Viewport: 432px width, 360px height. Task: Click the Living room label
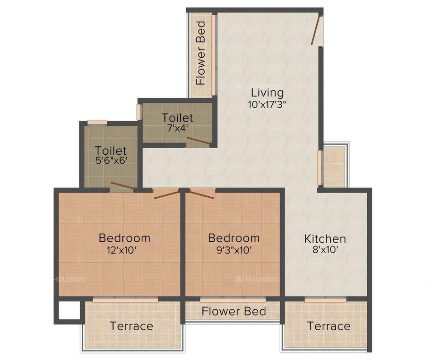(x=267, y=92)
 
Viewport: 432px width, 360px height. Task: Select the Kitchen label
(x=325, y=238)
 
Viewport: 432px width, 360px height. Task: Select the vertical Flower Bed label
(x=200, y=53)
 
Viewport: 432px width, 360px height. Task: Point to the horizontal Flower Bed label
(x=234, y=312)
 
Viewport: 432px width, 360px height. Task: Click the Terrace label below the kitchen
(x=328, y=326)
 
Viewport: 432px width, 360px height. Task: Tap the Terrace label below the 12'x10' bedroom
(x=131, y=326)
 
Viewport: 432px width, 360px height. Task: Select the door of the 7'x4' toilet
(x=199, y=140)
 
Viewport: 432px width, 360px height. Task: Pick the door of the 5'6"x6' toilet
(x=122, y=186)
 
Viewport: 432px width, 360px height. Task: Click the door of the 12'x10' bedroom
(x=166, y=193)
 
